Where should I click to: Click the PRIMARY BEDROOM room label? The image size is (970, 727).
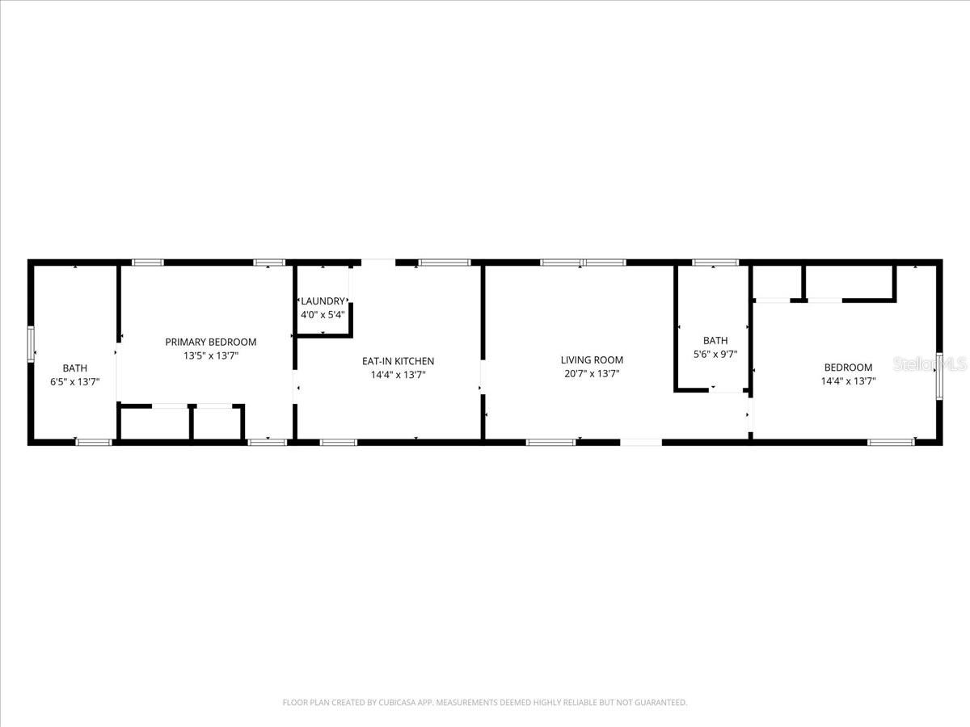pos(210,342)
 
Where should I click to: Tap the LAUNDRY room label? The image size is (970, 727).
pos(323,301)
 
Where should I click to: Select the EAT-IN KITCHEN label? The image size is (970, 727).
pos(398,361)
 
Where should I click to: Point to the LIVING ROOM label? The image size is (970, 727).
pos(592,360)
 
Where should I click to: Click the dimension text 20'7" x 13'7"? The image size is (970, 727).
pos(593,374)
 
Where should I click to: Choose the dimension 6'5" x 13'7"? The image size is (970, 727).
pos(75,382)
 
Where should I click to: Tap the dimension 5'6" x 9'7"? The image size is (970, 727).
pos(715,354)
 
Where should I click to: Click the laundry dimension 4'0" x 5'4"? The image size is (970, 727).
pos(323,314)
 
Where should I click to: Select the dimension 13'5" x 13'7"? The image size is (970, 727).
pos(210,355)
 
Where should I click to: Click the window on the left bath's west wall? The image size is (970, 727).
pos(32,343)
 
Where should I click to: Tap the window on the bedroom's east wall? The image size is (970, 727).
pos(939,376)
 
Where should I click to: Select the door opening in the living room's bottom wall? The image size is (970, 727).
pos(640,442)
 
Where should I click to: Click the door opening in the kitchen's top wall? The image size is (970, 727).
pos(377,262)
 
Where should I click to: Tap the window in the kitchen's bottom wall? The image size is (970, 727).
pos(339,442)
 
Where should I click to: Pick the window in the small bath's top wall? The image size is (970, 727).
pos(715,262)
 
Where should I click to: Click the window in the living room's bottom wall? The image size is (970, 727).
pos(550,442)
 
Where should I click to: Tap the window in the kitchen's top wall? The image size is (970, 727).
pos(445,262)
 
